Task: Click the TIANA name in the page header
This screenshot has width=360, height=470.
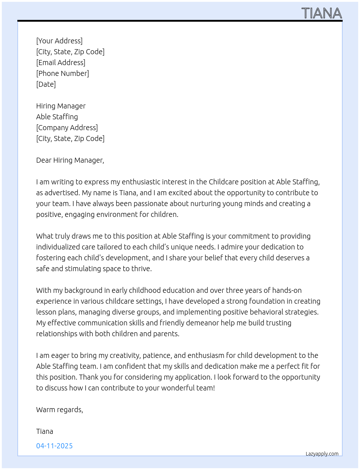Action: click(x=321, y=13)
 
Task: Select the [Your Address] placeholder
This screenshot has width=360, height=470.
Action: click(x=59, y=41)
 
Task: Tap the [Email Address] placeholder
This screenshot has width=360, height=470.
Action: click(x=61, y=63)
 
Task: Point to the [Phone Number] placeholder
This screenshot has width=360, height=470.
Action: click(x=63, y=73)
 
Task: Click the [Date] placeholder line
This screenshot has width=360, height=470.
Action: click(x=46, y=84)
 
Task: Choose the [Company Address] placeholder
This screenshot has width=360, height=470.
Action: click(x=67, y=128)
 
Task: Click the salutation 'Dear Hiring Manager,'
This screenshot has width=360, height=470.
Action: click(x=70, y=160)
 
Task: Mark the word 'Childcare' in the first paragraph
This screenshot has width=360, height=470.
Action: click(x=223, y=182)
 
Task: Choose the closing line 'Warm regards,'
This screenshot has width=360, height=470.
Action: click(x=60, y=410)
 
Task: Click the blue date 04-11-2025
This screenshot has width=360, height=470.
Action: click(x=55, y=446)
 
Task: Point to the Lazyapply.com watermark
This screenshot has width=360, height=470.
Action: click(x=322, y=454)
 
